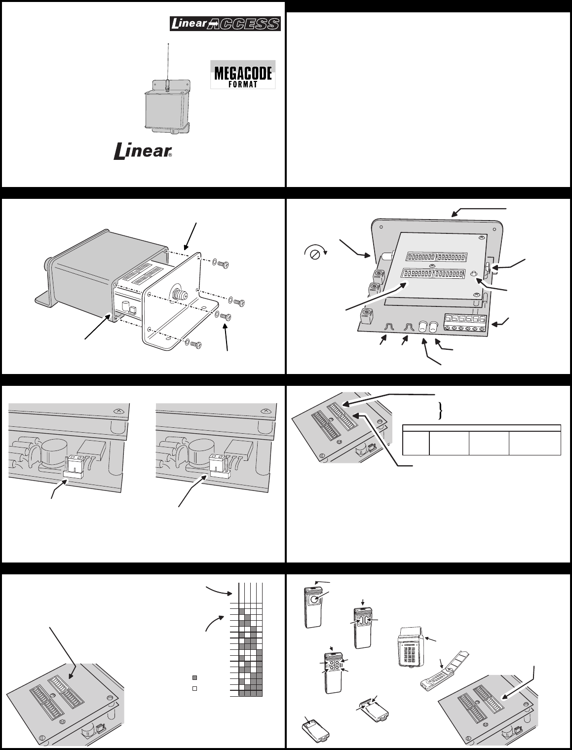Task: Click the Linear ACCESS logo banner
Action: click(225, 24)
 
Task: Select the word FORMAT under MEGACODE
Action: click(243, 84)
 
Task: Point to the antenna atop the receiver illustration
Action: click(168, 64)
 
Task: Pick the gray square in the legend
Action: click(195, 677)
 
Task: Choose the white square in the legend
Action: click(195, 688)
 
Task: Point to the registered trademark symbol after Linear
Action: click(171, 155)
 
